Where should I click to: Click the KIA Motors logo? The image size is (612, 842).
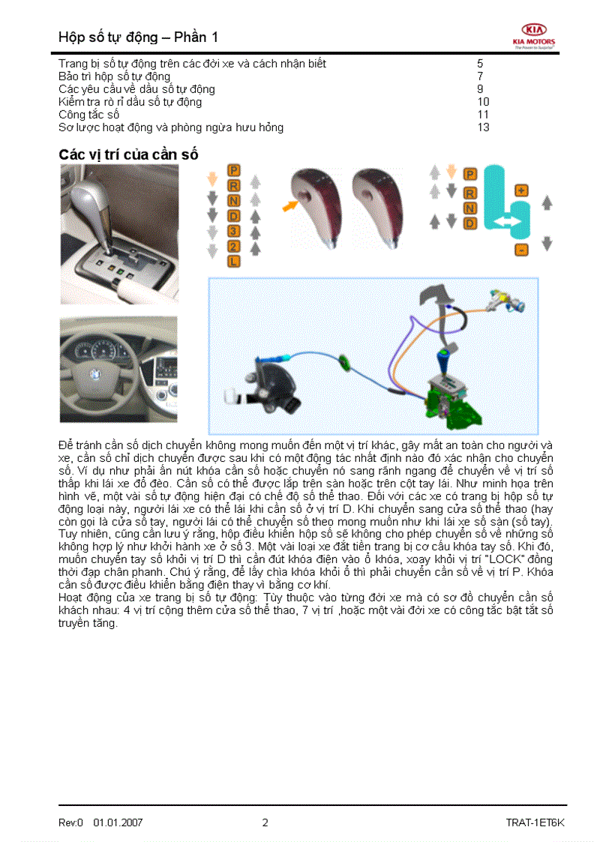[533, 35]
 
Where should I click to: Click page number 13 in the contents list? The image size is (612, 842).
[483, 127]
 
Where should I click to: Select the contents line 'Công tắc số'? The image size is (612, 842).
[89, 115]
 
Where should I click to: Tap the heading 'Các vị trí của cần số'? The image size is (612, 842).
[128, 154]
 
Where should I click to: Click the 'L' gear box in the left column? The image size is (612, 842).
[234, 261]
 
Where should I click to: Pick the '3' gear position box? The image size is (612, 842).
[234, 231]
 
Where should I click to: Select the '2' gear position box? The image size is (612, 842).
[234, 246]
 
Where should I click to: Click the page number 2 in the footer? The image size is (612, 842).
[265, 823]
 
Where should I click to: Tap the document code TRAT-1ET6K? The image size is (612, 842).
[535, 823]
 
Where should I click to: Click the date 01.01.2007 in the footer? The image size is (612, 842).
[118, 823]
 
